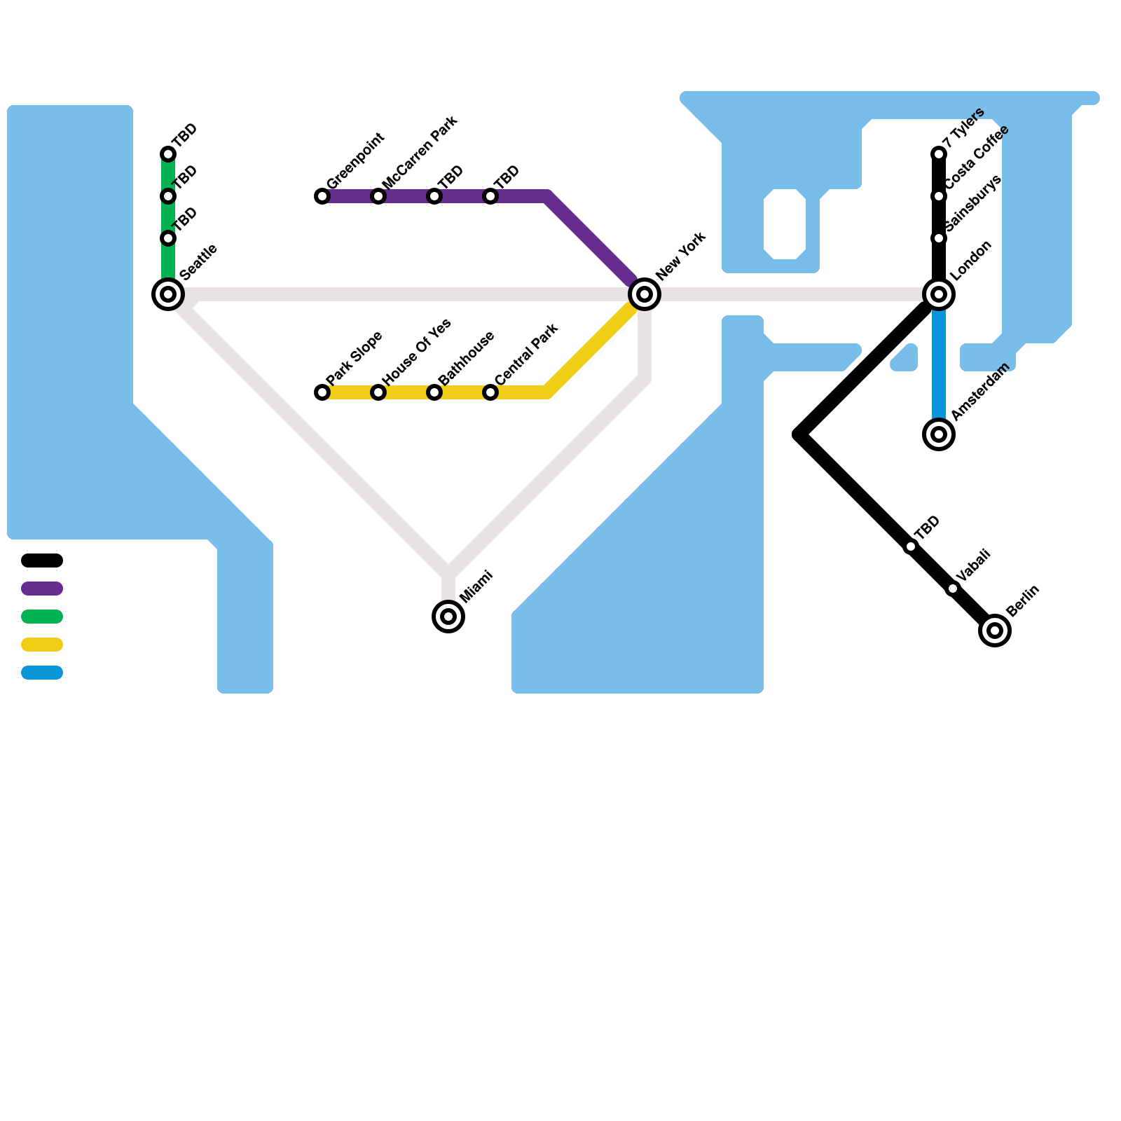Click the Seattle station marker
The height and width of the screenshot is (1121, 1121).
(168, 294)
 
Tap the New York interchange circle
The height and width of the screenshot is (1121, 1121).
(645, 294)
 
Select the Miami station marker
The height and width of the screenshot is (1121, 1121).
(448, 617)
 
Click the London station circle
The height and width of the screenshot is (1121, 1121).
(939, 294)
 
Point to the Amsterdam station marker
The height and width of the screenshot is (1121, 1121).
(939, 434)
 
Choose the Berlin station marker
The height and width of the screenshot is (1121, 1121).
(995, 631)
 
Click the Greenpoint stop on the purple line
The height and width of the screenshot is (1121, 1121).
(322, 196)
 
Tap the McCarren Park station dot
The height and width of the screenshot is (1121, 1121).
(378, 196)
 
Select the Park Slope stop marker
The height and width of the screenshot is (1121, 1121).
(322, 392)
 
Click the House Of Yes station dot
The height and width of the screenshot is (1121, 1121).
(378, 392)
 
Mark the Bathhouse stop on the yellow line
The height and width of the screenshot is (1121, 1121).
(434, 392)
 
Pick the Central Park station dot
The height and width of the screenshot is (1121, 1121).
(490, 392)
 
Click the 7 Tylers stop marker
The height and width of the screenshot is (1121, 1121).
(939, 154)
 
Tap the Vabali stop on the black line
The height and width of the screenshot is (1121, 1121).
(953, 589)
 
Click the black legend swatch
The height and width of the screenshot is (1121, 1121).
(42, 560)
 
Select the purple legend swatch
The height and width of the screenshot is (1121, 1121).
(42, 589)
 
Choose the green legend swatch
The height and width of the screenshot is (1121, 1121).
(42, 617)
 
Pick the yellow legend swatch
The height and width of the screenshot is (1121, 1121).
(42, 645)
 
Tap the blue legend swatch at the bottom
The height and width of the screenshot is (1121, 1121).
(42, 673)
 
